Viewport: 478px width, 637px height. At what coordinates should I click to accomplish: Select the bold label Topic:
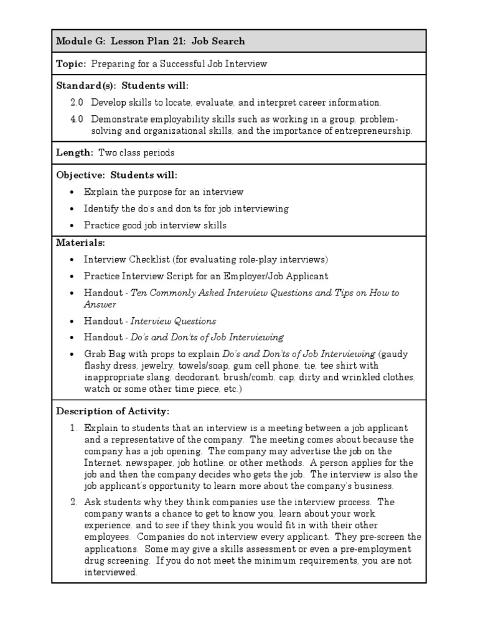tap(72, 64)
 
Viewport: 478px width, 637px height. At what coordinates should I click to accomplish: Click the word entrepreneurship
tap(371, 131)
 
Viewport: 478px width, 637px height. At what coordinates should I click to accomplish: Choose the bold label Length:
tap(74, 153)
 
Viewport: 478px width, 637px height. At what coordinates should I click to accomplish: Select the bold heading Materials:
tap(81, 242)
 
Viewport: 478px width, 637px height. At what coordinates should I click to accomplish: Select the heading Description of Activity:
tap(113, 412)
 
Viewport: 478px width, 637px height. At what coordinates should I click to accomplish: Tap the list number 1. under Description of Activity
tap(73, 429)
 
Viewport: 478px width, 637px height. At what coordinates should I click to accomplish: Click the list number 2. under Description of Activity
tap(73, 503)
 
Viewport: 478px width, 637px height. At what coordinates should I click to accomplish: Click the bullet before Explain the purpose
tap(72, 192)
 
